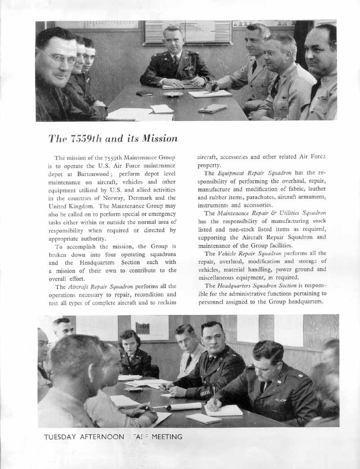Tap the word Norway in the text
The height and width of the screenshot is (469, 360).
pyautogui.click(x=137, y=198)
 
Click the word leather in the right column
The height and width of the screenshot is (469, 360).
pyautogui.click(x=316, y=189)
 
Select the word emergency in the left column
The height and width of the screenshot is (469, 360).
pyautogui.click(x=160, y=213)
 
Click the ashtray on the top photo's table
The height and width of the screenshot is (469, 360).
pyautogui.click(x=173, y=94)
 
